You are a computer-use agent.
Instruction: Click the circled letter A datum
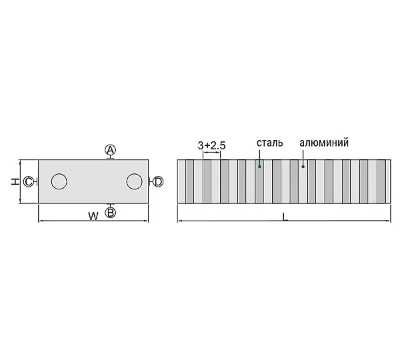tap(110, 150)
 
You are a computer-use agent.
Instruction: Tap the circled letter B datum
tap(111, 213)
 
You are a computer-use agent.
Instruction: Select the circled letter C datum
tap(28, 182)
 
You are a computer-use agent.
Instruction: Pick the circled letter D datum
tap(158, 181)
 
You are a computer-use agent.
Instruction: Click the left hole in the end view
tap(59, 181)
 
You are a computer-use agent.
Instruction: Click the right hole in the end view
tap(135, 181)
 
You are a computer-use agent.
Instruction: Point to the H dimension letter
tap(15, 181)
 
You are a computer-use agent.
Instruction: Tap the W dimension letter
tap(93, 217)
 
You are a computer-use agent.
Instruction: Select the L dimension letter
tap(285, 217)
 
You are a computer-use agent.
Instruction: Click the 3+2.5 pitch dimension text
tap(211, 145)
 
